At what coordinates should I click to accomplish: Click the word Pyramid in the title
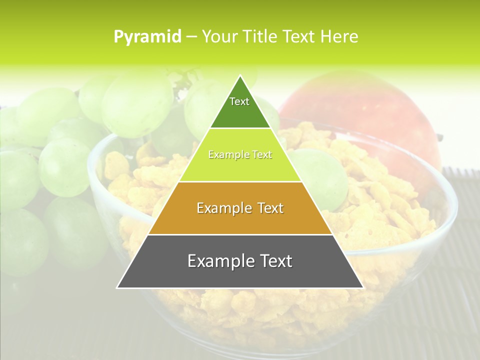click(x=147, y=36)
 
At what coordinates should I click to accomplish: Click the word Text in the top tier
click(x=239, y=101)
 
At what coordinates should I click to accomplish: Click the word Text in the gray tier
click(x=274, y=261)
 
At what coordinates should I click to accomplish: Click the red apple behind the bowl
click(x=360, y=115)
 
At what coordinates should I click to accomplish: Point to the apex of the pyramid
click(x=240, y=76)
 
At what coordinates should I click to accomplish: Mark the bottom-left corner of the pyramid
click(x=117, y=287)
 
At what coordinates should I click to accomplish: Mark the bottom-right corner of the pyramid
click(x=362, y=287)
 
